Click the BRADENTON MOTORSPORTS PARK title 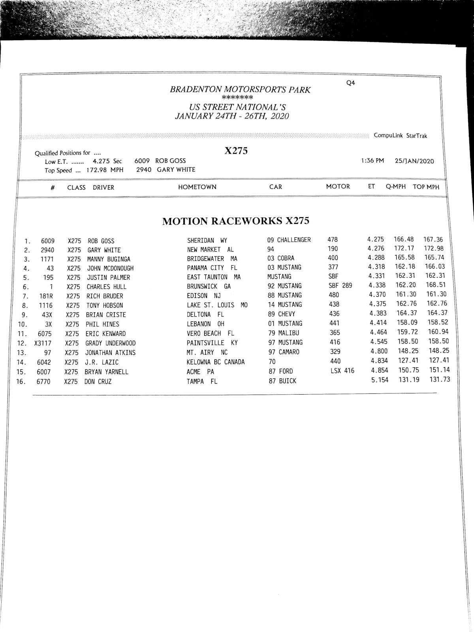(240, 90)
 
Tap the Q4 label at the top (350, 83)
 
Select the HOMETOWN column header (197, 187)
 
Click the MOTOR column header (338, 186)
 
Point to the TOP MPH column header (426, 187)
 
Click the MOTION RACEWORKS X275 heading (235, 221)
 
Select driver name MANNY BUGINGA (109, 259)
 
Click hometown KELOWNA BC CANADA (216, 362)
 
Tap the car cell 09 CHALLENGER (289, 240)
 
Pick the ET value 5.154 (380, 380)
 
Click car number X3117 (43, 343)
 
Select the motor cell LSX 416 (342, 371)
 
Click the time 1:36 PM (372, 161)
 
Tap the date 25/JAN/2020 (414, 161)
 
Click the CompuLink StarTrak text (400, 136)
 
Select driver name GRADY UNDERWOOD (110, 343)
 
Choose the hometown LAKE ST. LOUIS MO (217, 305)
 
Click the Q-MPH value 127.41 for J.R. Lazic (407, 361)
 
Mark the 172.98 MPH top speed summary (105, 170)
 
